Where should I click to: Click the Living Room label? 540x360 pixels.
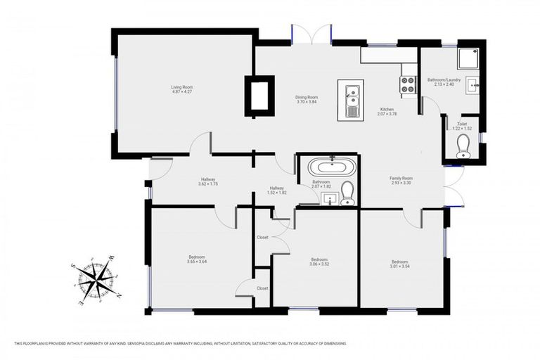pos(181,89)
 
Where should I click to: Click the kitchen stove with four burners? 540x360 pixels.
pos(409,86)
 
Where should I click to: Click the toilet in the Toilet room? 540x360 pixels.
pos(463,146)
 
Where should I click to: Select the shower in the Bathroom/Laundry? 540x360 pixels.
pos(467,58)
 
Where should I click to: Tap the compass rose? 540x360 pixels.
pos(94,281)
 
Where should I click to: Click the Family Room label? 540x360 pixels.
pos(401,181)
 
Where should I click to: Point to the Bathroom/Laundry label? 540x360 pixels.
pos(444,82)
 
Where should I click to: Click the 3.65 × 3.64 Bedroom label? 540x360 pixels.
pos(197,259)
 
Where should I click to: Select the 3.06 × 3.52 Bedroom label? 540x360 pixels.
pos(319,262)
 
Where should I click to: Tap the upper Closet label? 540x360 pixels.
pos(262,237)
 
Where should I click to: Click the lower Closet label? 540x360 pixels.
pos(262,288)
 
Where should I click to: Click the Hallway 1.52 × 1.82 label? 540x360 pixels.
pos(277,190)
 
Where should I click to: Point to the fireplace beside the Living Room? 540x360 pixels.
pos(259,96)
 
